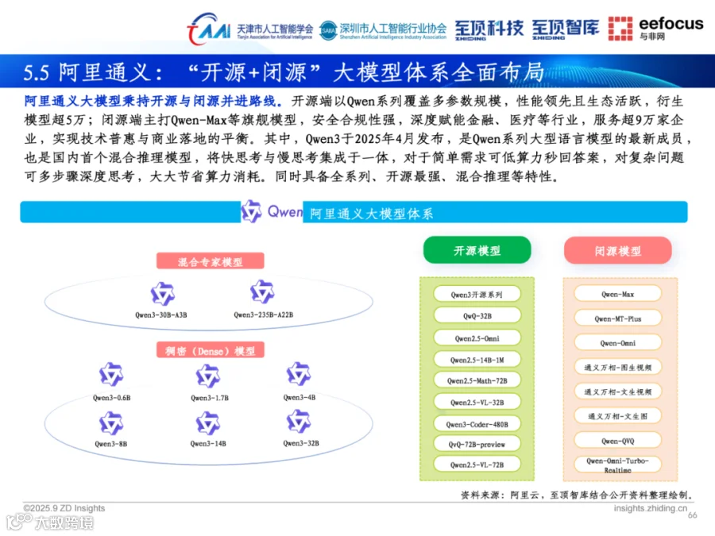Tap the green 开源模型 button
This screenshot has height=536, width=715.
tap(477, 250)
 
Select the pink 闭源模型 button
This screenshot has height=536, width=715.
tap(617, 250)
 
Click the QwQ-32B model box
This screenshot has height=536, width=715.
tap(477, 315)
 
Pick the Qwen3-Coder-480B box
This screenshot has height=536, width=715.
tap(477, 423)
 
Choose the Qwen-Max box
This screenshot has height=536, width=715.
tap(617, 294)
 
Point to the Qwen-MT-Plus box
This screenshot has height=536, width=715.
tap(617, 318)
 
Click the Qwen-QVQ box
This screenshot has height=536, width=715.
tap(617, 440)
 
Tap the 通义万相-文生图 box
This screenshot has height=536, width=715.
tap(617, 415)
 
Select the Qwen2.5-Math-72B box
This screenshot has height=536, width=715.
tap(477, 380)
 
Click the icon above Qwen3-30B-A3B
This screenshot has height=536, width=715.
tap(162, 294)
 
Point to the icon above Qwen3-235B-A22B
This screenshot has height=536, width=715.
tap(262, 292)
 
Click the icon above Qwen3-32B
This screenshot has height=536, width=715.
tap(299, 422)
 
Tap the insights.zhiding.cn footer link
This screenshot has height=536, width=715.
tap(651, 508)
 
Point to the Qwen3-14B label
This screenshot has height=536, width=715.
tap(208, 443)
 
